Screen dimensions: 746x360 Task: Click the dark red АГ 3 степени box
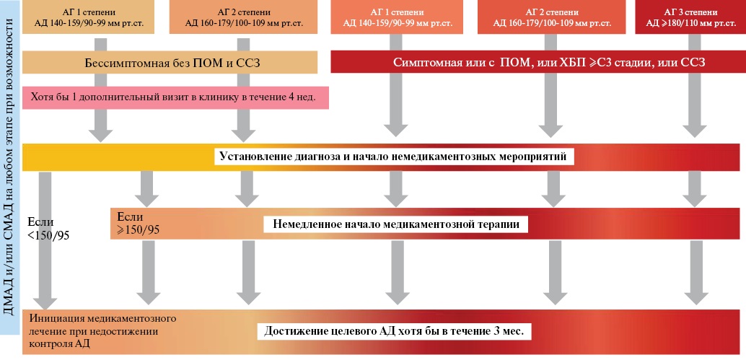tap(688, 17)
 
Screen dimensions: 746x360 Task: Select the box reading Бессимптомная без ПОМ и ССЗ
tap(170, 62)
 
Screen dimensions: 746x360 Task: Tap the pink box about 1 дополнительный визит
tap(175, 97)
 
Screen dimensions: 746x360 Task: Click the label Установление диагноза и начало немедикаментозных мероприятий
tap(393, 156)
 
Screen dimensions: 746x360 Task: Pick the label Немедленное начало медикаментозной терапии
tap(396, 224)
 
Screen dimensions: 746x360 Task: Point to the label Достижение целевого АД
tap(394, 331)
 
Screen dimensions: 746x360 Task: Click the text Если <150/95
tap(48, 228)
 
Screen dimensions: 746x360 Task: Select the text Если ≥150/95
tap(138, 223)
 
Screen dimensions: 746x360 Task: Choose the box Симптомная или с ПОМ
tap(535, 62)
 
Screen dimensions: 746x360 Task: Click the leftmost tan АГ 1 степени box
tap(89, 17)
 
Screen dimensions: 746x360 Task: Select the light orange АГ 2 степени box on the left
tap(243, 17)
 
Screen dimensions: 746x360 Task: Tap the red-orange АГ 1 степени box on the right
tap(397, 17)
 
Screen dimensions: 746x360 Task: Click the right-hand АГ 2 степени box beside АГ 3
tap(551, 17)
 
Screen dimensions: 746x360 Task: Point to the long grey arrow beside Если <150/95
tap(45, 240)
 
